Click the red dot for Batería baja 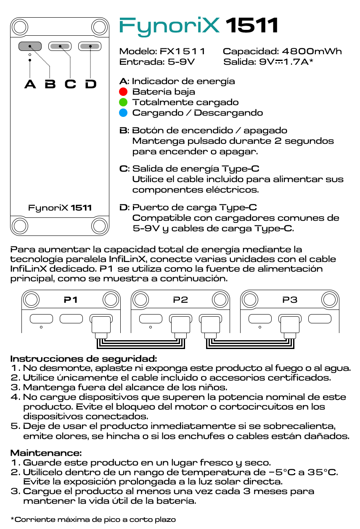pyautogui.click(x=123, y=92)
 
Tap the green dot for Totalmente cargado pyautogui.click(x=123, y=102)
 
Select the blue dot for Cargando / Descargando pyautogui.click(x=123, y=113)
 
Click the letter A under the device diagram pyautogui.click(x=30, y=84)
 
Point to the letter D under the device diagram pyautogui.click(x=90, y=84)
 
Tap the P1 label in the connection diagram pyautogui.click(x=71, y=300)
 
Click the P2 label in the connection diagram pyautogui.click(x=180, y=300)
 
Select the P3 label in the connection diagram pyautogui.click(x=290, y=300)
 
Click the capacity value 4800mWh pyautogui.click(x=312, y=51)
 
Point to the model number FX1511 pyautogui.click(x=183, y=51)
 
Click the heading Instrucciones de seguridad pyautogui.click(x=84, y=359)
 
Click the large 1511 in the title pyautogui.click(x=252, y=26)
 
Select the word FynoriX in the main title pyautogui.click(x=170, y=26)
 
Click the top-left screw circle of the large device pyautogui.click(x=19, y=27)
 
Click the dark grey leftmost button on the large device pyautogui.click(x=29, y=46)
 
